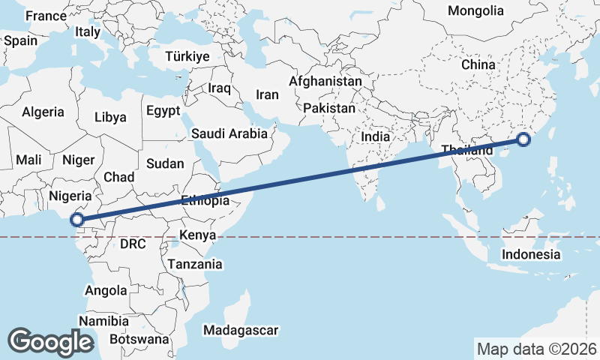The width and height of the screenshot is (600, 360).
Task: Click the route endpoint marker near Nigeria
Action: pos(76,220)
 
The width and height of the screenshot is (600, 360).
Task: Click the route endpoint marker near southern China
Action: pos(523,139)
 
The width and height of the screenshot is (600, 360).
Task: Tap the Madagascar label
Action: pos(241,330)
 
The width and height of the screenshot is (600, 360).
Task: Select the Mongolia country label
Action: pos(475,11)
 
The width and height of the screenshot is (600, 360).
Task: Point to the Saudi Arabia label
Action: pos(229,134)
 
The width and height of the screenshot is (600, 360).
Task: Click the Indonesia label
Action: pos(531,254)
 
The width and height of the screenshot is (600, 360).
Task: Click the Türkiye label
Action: pos(187,57)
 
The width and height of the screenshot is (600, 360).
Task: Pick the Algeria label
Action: pos(43,112)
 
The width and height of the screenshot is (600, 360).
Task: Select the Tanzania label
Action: pos(195,264)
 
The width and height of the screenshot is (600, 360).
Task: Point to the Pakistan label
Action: pos(329,108)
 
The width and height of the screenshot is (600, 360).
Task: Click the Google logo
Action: pos(51,341)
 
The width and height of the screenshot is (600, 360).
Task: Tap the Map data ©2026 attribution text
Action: pos(536,349)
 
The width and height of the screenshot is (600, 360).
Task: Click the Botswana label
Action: pos(139,339)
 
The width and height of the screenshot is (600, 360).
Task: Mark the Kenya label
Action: pos(198,235)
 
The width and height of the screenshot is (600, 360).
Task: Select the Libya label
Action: pos(110,117)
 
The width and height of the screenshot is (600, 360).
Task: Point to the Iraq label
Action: pos(219,88)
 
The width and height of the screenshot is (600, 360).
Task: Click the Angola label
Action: pos(106,290)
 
